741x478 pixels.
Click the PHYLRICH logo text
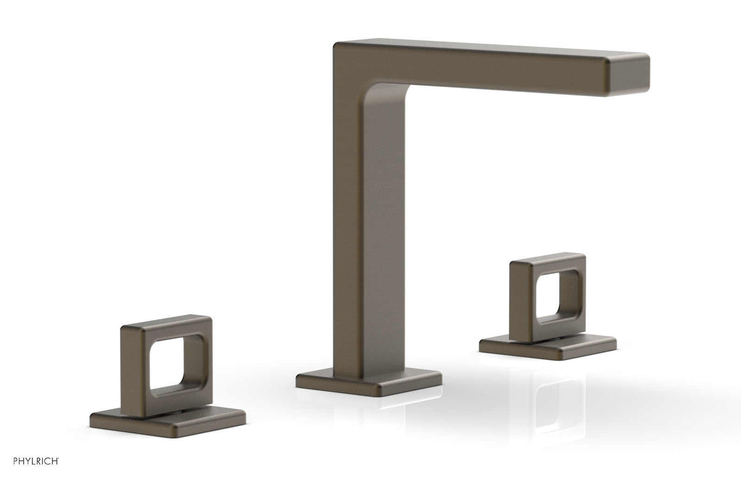click(x=36, y=461)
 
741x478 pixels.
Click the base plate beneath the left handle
click(x=168, y=422)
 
